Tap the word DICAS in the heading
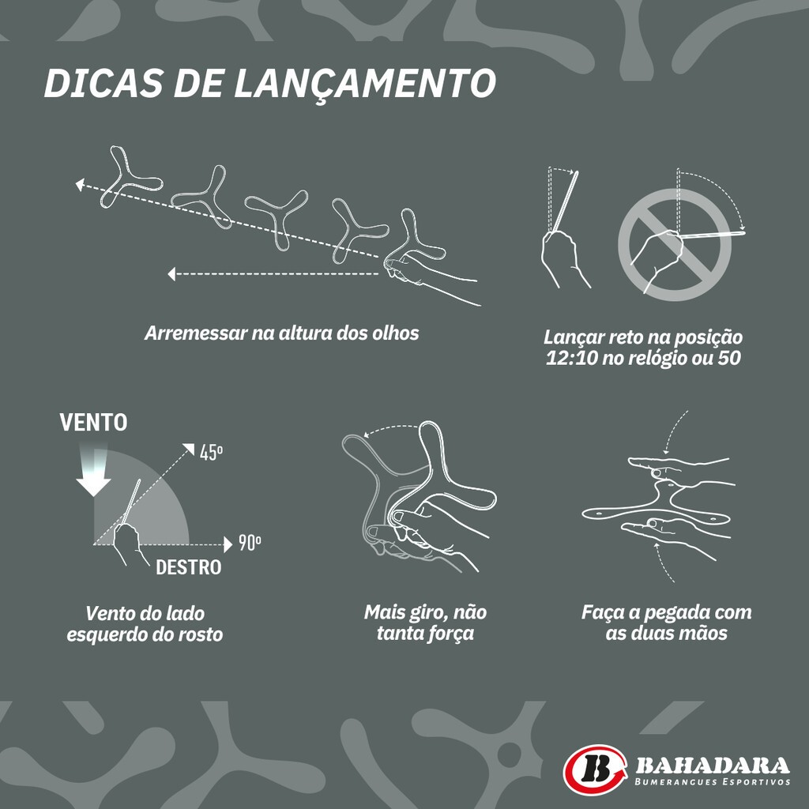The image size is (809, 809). tap(103, 82)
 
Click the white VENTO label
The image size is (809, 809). tap(93, 422)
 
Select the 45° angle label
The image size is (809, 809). tap(212, 453)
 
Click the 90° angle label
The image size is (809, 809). tap(250, 544)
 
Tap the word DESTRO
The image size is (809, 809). tap(188, 567)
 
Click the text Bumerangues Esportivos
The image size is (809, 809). tap(713, 782)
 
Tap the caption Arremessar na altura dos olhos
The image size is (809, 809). tap(282, 333)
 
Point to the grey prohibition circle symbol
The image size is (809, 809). tap(675, 245)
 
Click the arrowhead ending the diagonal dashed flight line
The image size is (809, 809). tap(80, 184)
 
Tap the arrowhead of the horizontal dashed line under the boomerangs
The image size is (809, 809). tap(171, 274)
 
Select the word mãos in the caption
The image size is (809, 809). tap(705, 633)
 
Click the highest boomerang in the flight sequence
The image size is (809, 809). tap(129, 177)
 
